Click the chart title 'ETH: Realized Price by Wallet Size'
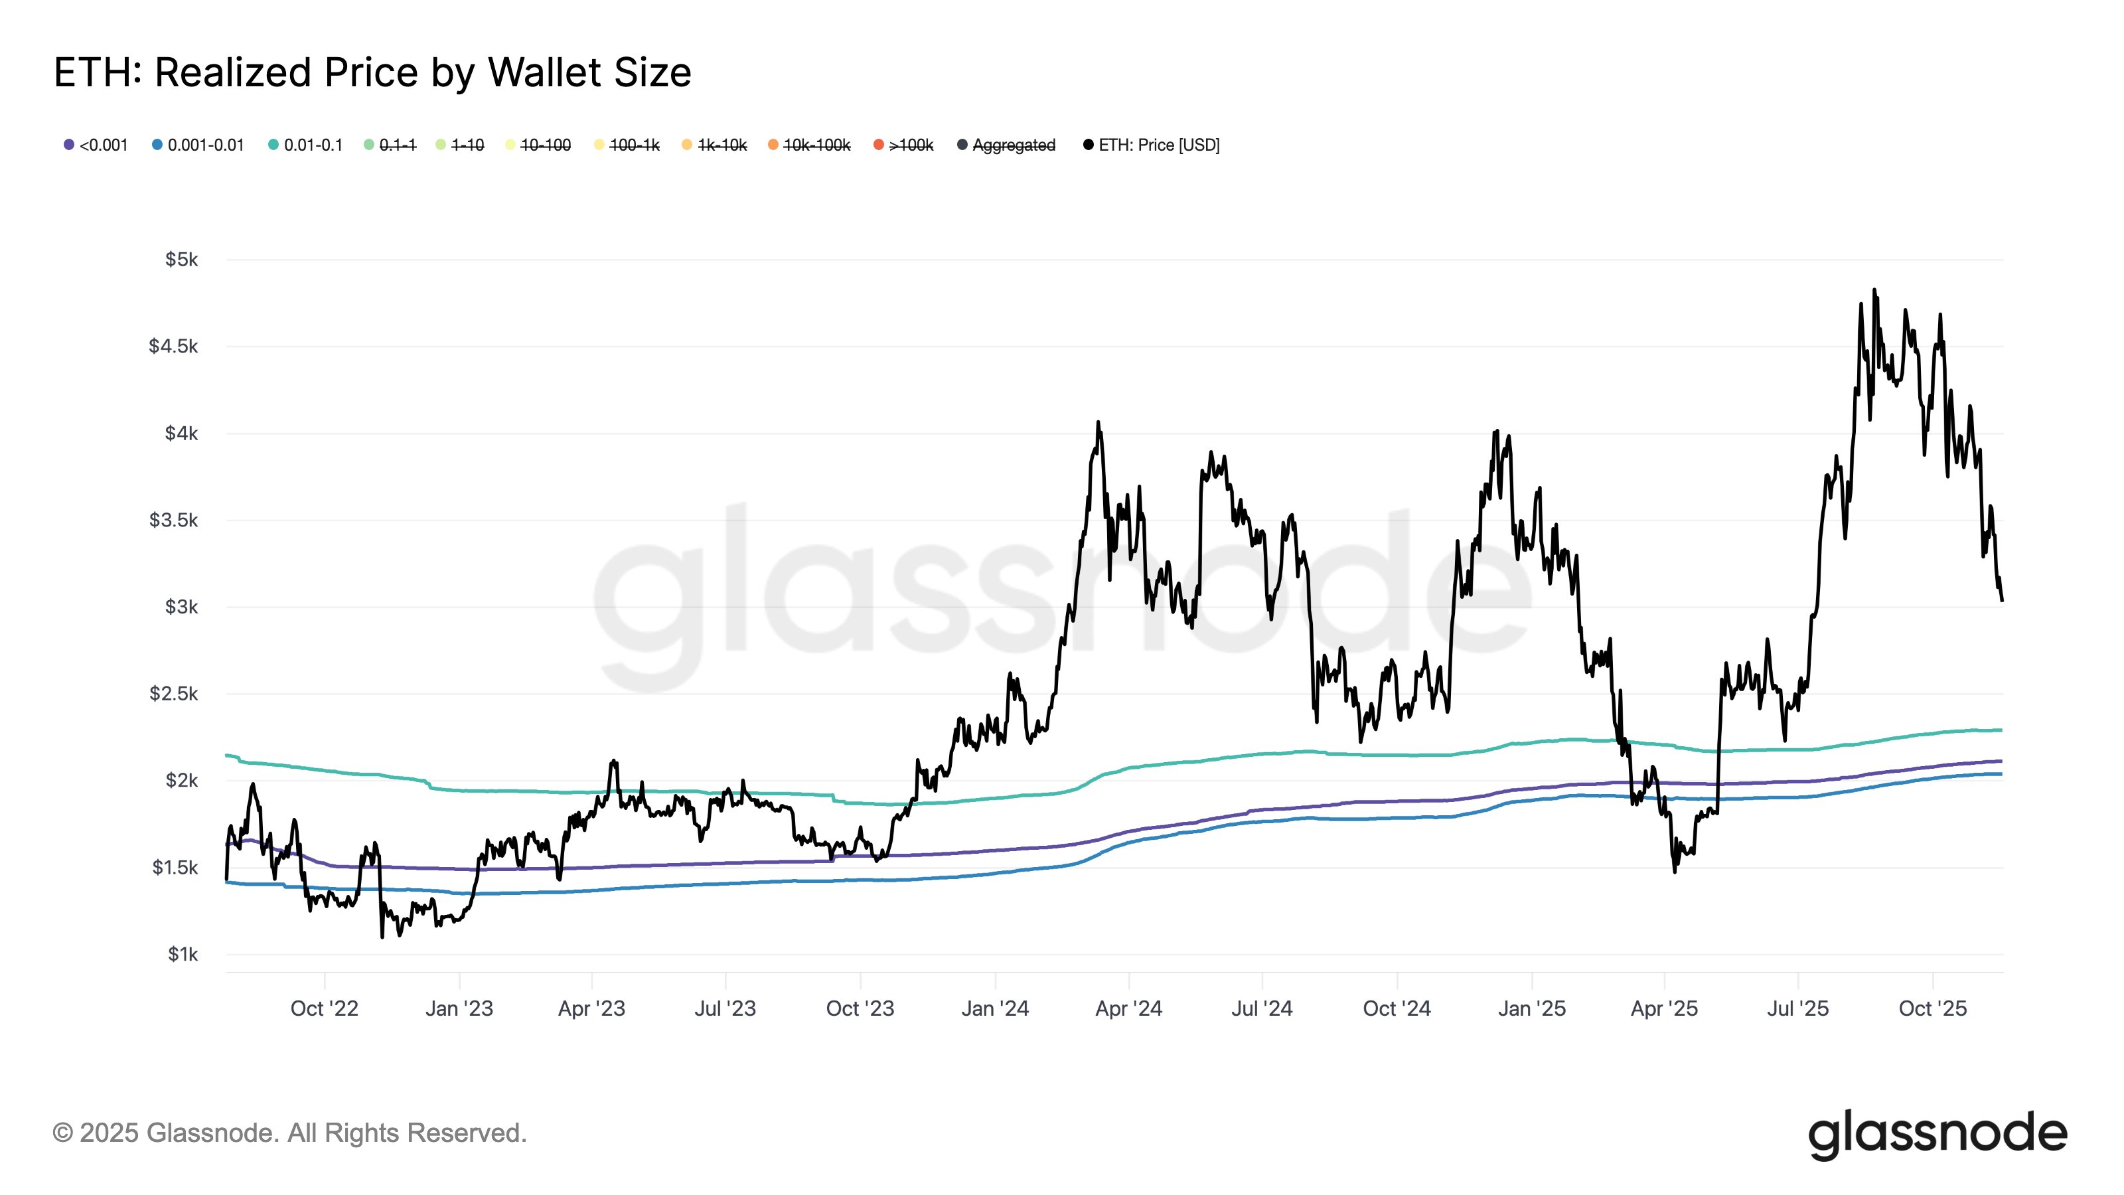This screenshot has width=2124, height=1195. pos(372,72)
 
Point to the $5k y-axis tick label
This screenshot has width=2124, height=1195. pos(181,260)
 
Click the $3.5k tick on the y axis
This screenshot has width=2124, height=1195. pos(173,520)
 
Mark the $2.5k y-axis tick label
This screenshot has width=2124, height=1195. pos(173,694)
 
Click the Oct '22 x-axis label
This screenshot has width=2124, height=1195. pos(324,1008)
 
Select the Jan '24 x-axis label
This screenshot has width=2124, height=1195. pos(994,1008)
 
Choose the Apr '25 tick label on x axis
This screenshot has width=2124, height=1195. pos(1664,1008)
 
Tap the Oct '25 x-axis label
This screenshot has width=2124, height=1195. pos(1932,1008)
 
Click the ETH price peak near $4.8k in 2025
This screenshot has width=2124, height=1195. pos(1874,290)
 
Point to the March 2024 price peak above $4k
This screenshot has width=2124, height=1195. pos(1097,423)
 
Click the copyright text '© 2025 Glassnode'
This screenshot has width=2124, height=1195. pos(289,1133)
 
